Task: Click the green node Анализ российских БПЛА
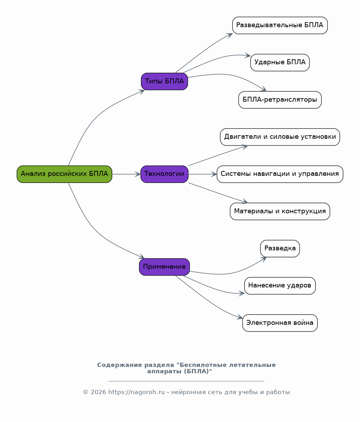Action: click(64, 174)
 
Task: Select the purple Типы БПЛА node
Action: click(164, 81)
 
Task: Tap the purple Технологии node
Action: click(164, 174)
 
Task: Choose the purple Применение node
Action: click(164, 267)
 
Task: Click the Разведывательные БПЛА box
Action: click(280, 25)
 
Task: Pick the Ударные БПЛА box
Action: click(280, 63)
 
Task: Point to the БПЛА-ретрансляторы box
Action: click(280, 100)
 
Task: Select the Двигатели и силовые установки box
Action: click(280, 137)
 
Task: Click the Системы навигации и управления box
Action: click(280, 174)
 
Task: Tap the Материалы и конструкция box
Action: click(280, 211)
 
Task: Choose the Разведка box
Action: click(280, 248)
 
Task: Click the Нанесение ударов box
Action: click(280, 286)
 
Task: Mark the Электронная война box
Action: click(280, 323)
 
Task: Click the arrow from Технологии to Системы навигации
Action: click(203, 174)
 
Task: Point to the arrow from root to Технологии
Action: click(126, 174)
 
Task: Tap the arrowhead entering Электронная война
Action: click(240, 317)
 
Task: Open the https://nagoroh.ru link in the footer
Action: click(137, 392)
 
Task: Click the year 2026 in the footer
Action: click(98, 392)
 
